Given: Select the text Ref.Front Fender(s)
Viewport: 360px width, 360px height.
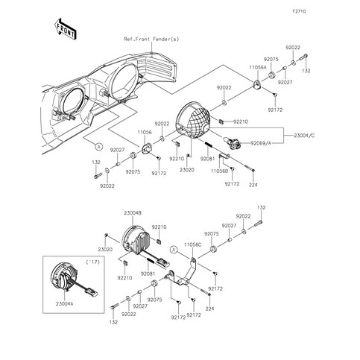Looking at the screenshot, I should [x=152, y=38].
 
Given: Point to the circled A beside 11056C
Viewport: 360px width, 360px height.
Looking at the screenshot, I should [x=173, y=250].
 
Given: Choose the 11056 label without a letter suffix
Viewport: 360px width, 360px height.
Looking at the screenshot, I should [x=144, y=130].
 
